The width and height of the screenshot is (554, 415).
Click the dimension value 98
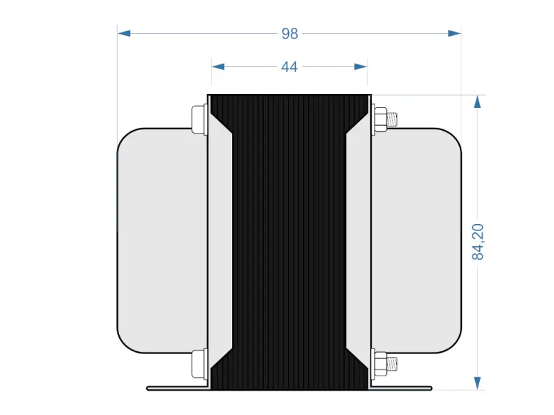coord(289,33)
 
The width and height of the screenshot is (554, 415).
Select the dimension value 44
coord(289,67)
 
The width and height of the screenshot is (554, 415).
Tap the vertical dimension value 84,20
coord(478,242)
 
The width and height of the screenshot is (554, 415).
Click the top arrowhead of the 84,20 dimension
coord(477,102)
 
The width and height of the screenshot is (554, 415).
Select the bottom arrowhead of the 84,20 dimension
coord(477,383)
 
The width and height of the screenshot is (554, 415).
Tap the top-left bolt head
coord(198,119)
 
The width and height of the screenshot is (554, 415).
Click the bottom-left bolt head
coord(198,364)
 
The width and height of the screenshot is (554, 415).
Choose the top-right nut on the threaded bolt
coord(380,119)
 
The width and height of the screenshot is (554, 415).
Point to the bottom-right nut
coord(380,364)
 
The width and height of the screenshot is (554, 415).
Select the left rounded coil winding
coord(161,242)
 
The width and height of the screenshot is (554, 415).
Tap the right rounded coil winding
coord(417,242)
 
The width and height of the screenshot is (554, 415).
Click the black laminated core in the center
coord(289,242)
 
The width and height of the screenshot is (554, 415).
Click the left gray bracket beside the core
coord(219,242)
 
